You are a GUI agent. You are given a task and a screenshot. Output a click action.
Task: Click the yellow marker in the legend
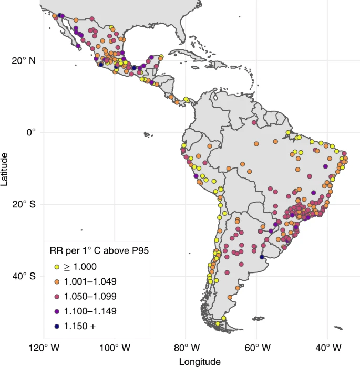point(56,267)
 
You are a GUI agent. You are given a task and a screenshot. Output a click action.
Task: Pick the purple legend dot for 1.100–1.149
point(56,311)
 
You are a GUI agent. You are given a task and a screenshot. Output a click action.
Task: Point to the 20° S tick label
point(24,204)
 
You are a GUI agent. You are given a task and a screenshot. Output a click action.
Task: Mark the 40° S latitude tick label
point(24,276)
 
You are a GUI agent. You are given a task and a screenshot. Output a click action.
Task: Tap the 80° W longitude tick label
point(186,348)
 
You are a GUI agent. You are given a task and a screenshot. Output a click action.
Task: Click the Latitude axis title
point(5,169)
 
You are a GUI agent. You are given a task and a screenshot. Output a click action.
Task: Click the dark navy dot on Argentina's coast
point(262,257)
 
